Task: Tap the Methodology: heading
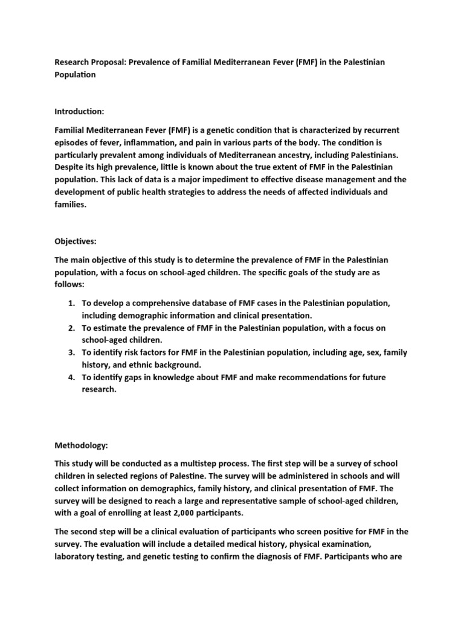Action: [82, 445]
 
